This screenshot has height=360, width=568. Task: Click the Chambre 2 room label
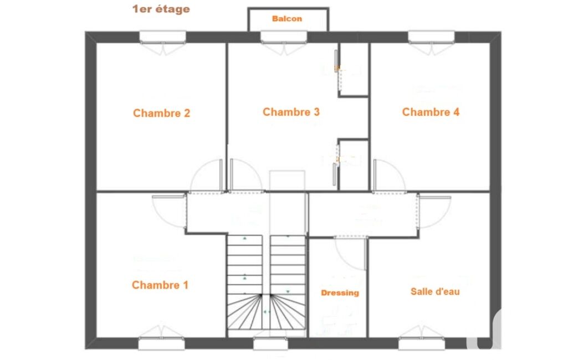pos(162,113)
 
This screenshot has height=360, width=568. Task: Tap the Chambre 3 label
pos(291,112)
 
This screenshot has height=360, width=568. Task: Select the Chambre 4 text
pos(431,112)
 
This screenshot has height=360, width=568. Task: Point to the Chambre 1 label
pos(160,285)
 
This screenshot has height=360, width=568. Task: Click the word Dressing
pos(340,293)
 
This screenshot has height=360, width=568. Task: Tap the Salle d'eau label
pos(435,291)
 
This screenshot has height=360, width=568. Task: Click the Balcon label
pos(287,19)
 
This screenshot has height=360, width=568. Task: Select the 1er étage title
pos(161,9)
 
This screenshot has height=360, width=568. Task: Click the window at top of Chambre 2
pos(163,37)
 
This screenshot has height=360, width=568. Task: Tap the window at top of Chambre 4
pos(432,37)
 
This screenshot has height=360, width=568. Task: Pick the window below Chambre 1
pos(162,344)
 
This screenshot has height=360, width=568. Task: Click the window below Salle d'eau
pos(422,344)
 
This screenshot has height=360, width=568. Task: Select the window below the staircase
pos(270,344)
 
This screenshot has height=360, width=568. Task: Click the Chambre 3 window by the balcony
pos(284,37)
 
